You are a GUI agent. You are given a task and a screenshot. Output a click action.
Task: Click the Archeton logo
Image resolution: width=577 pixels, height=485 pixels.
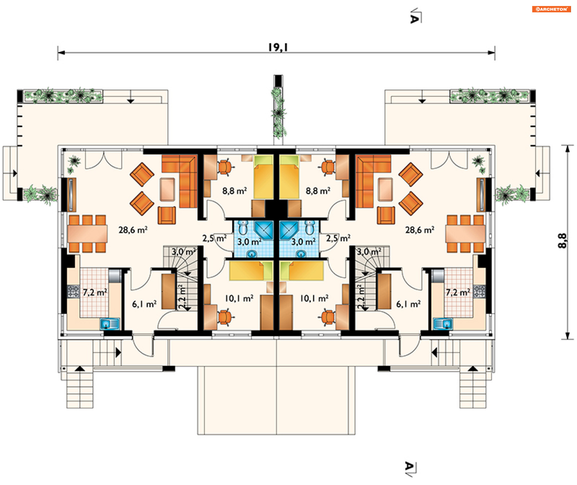click(x=551, y=9)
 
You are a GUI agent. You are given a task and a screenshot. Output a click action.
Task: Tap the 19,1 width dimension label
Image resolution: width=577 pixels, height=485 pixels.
click(x=278, y=48)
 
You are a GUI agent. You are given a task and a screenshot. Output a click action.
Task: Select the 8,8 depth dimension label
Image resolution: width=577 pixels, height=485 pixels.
click(x=562, y=241)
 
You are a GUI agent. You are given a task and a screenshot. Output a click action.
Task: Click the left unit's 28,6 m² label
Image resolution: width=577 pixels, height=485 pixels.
click(x=133, y=230)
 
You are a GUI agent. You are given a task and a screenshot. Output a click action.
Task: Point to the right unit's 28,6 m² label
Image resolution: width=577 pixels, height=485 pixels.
click(x=420, y=230)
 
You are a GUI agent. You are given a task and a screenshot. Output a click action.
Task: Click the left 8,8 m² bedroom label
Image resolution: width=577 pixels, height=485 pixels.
click(x=234, y=191)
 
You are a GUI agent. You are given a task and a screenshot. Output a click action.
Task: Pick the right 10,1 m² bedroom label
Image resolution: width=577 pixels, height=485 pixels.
click(x=314, y=298)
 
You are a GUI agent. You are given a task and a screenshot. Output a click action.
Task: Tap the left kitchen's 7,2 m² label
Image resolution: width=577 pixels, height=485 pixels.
click(x=95, y=292)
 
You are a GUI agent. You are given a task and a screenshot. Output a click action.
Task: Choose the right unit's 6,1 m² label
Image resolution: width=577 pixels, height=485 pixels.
click(x=408, y=304)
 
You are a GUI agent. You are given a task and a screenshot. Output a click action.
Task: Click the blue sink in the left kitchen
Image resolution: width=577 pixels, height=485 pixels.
click(x=109, y=324)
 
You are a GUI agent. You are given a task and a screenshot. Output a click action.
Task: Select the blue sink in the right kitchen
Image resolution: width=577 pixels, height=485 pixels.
click(x=443, y=324)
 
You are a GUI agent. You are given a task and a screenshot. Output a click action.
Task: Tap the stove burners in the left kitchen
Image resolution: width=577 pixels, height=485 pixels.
click(x=73, y=291)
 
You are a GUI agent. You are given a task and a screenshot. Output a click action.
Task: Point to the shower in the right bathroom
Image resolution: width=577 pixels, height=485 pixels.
click(x=288, y=230)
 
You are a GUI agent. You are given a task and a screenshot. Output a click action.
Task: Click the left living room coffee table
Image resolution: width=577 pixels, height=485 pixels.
click(x=167, y=189)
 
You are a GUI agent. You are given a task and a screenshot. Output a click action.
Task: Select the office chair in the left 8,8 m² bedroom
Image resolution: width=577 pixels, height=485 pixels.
click(x=224, y=167)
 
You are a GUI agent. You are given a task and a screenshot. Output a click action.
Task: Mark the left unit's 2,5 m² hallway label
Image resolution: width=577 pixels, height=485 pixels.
click(x=214, y=238)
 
